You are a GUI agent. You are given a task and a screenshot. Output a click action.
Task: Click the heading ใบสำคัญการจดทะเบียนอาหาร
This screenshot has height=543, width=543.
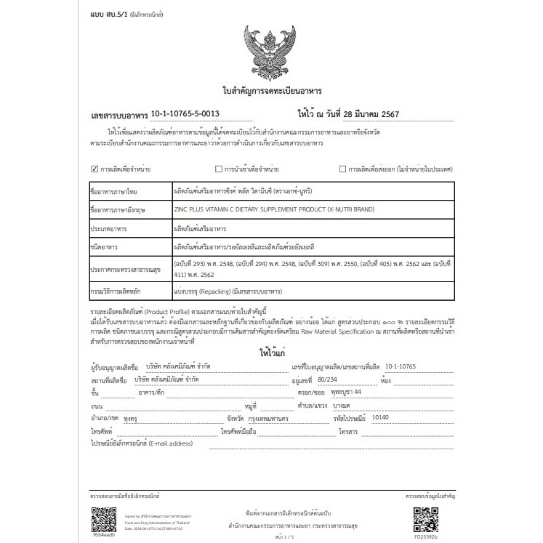click(272, 92)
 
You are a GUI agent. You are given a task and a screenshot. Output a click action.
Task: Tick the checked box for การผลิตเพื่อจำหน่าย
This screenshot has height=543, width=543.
click(94, 169)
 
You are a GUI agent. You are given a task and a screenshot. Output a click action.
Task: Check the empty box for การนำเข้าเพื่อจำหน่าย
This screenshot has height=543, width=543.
click(217, 169)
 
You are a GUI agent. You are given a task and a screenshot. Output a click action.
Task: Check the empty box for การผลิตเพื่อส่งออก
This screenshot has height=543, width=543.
click(342, 169)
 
